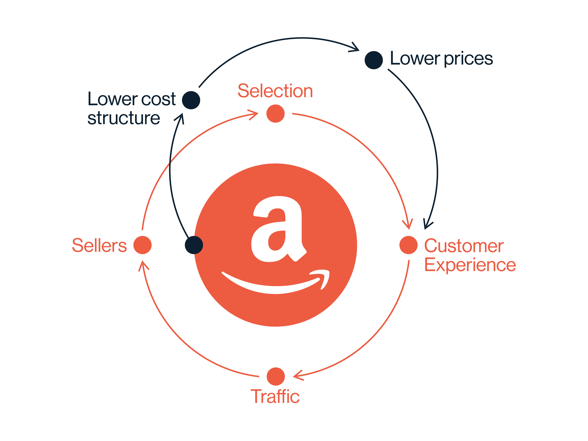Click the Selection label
pos(275,91)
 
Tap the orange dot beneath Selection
pos(275,114)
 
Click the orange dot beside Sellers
pos(143,245)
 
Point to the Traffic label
pos(275,397)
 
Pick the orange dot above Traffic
pos(276,376)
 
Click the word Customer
pos(464,246)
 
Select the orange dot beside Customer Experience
pos(409,245)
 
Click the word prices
pos(468,59)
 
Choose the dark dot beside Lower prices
pos(374,60)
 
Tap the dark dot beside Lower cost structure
pos(191,100)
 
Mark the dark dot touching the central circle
pos(194,245)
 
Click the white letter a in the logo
pos(279,229)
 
